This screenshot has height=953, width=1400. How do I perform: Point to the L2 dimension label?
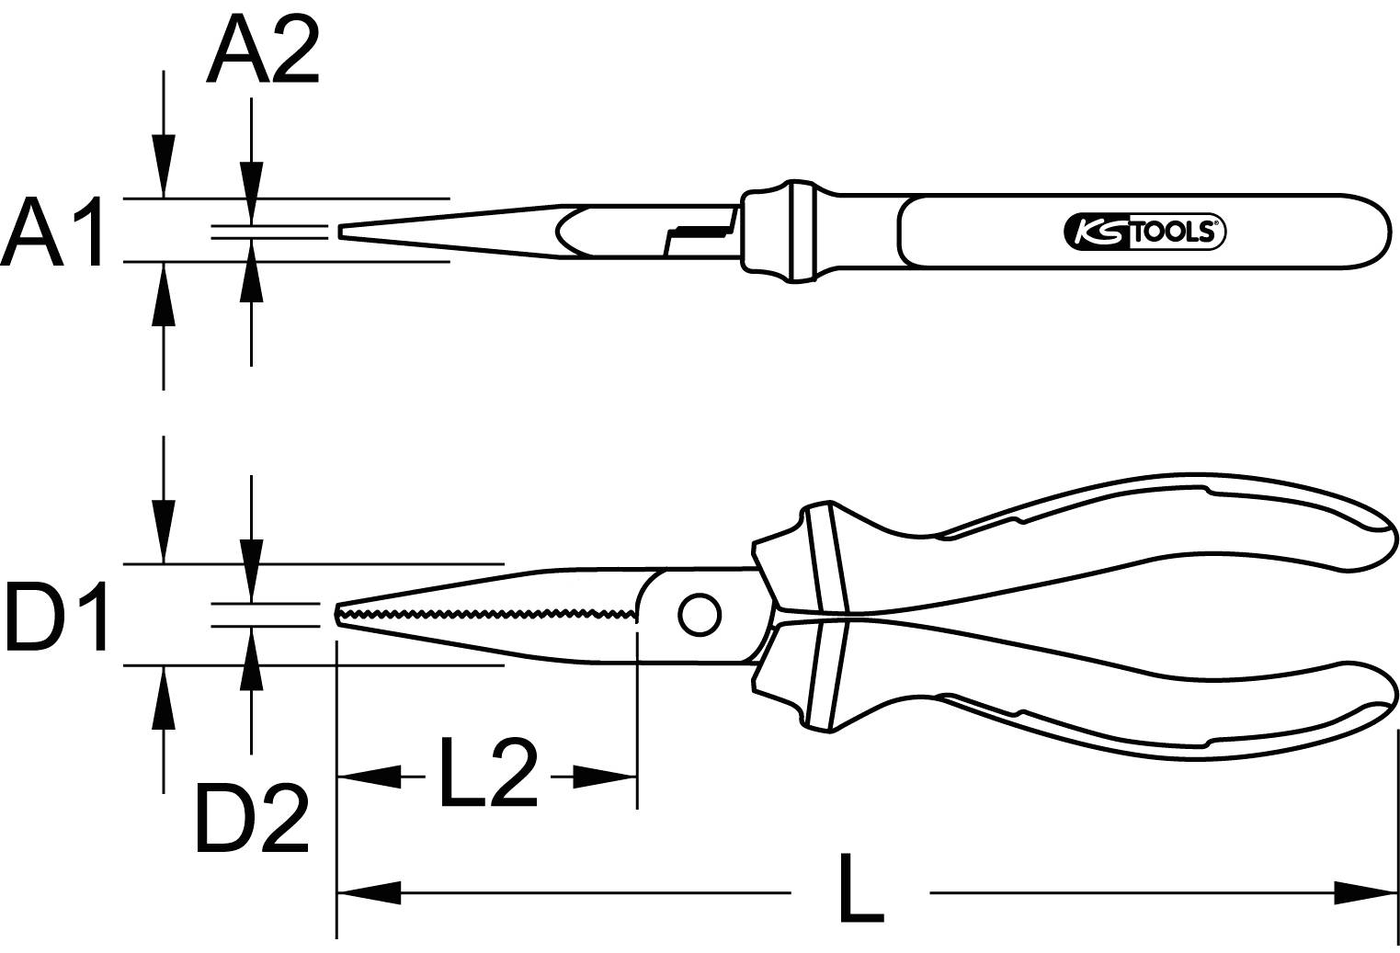click(487, 774)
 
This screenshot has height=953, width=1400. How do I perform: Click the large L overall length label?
click(859, 891)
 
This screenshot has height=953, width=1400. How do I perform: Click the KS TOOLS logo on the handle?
click(1144, 233)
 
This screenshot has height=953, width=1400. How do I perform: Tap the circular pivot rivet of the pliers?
click(700, 615)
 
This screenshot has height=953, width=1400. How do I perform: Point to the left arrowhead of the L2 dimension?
click(368, 777)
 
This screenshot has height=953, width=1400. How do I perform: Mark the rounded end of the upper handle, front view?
click(1379, 524)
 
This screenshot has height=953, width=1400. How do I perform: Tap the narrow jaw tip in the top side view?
click(343, 232)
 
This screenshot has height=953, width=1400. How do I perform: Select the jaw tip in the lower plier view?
click(339, 614)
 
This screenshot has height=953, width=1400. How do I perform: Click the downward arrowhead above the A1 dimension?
click(164, 165)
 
